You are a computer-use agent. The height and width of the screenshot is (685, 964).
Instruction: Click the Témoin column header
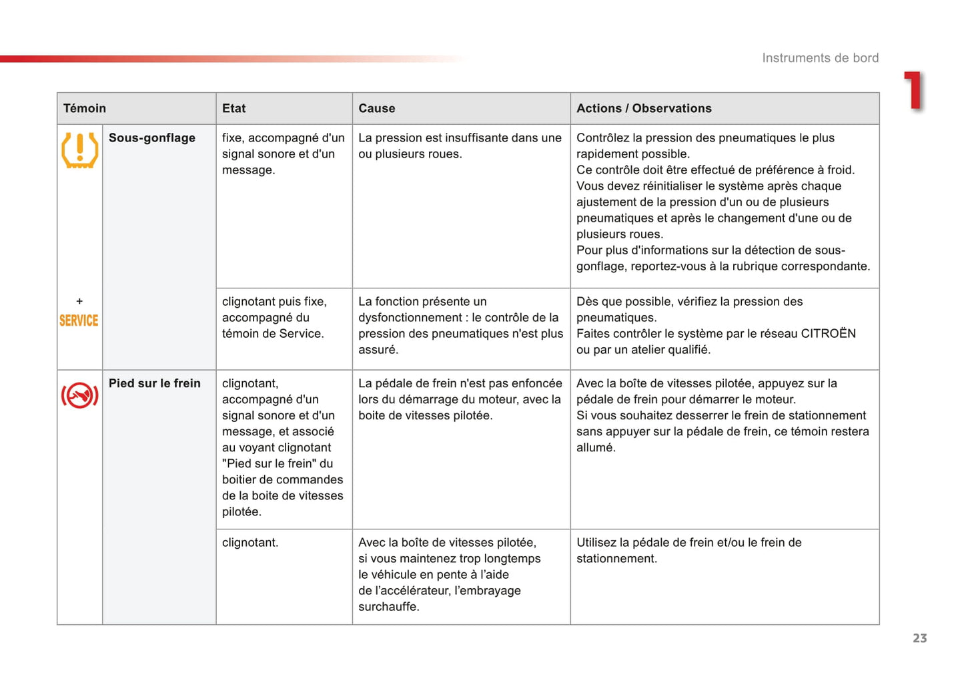tap(85, 108)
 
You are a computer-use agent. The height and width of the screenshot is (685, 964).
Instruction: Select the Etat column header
tap(233, 108)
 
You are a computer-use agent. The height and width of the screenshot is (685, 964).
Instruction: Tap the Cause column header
tap(376, 108)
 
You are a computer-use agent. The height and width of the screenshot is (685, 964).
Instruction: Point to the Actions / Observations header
tap(644, 108)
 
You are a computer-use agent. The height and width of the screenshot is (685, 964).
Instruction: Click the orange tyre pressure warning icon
tap(79, 150)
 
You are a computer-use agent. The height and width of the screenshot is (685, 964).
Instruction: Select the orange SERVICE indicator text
tap(79, 320)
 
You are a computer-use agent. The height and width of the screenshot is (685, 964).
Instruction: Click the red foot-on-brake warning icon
tap(79, 395)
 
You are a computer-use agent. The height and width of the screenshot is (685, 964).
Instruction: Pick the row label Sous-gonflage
tap(152, 138)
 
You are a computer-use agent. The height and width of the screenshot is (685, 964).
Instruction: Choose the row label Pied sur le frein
tap(155, 383)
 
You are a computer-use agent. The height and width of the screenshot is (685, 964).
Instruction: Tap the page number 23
tap(919, 638)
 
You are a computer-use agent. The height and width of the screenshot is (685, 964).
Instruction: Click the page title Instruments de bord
tap(820, 58)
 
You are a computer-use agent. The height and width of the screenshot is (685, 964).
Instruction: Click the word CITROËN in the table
tap(828, 333)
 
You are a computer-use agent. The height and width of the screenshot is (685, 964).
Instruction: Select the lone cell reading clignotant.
tap(250, 543)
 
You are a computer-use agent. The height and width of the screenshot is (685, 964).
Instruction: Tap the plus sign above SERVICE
tap(79, 301)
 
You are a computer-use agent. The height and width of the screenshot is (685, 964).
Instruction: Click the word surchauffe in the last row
tap(388, 607)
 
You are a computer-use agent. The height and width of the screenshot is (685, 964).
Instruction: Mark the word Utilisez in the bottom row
tap(596, 543)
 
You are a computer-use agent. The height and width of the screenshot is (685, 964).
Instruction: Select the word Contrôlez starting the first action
tap(604, 138)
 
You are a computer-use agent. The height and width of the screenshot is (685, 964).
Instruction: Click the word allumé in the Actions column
tap(596, 447)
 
